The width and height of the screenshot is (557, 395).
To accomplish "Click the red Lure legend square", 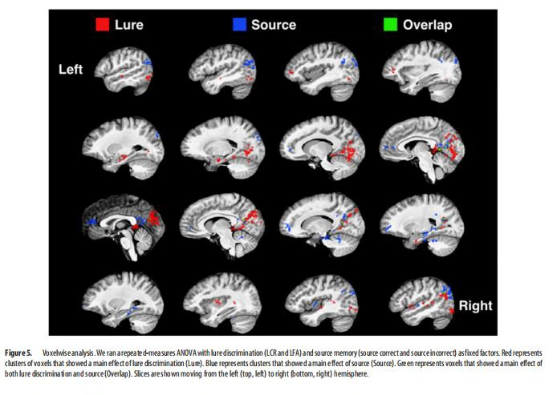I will pos(102,25).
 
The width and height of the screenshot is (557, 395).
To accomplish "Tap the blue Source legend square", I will pos(238,25).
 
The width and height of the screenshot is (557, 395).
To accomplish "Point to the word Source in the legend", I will pos(274,25).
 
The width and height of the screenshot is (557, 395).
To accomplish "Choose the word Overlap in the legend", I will pos(426,25).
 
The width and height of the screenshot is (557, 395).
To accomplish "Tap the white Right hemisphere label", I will pos(474,305).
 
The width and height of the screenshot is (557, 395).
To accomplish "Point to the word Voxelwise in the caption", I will pos(61,353).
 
